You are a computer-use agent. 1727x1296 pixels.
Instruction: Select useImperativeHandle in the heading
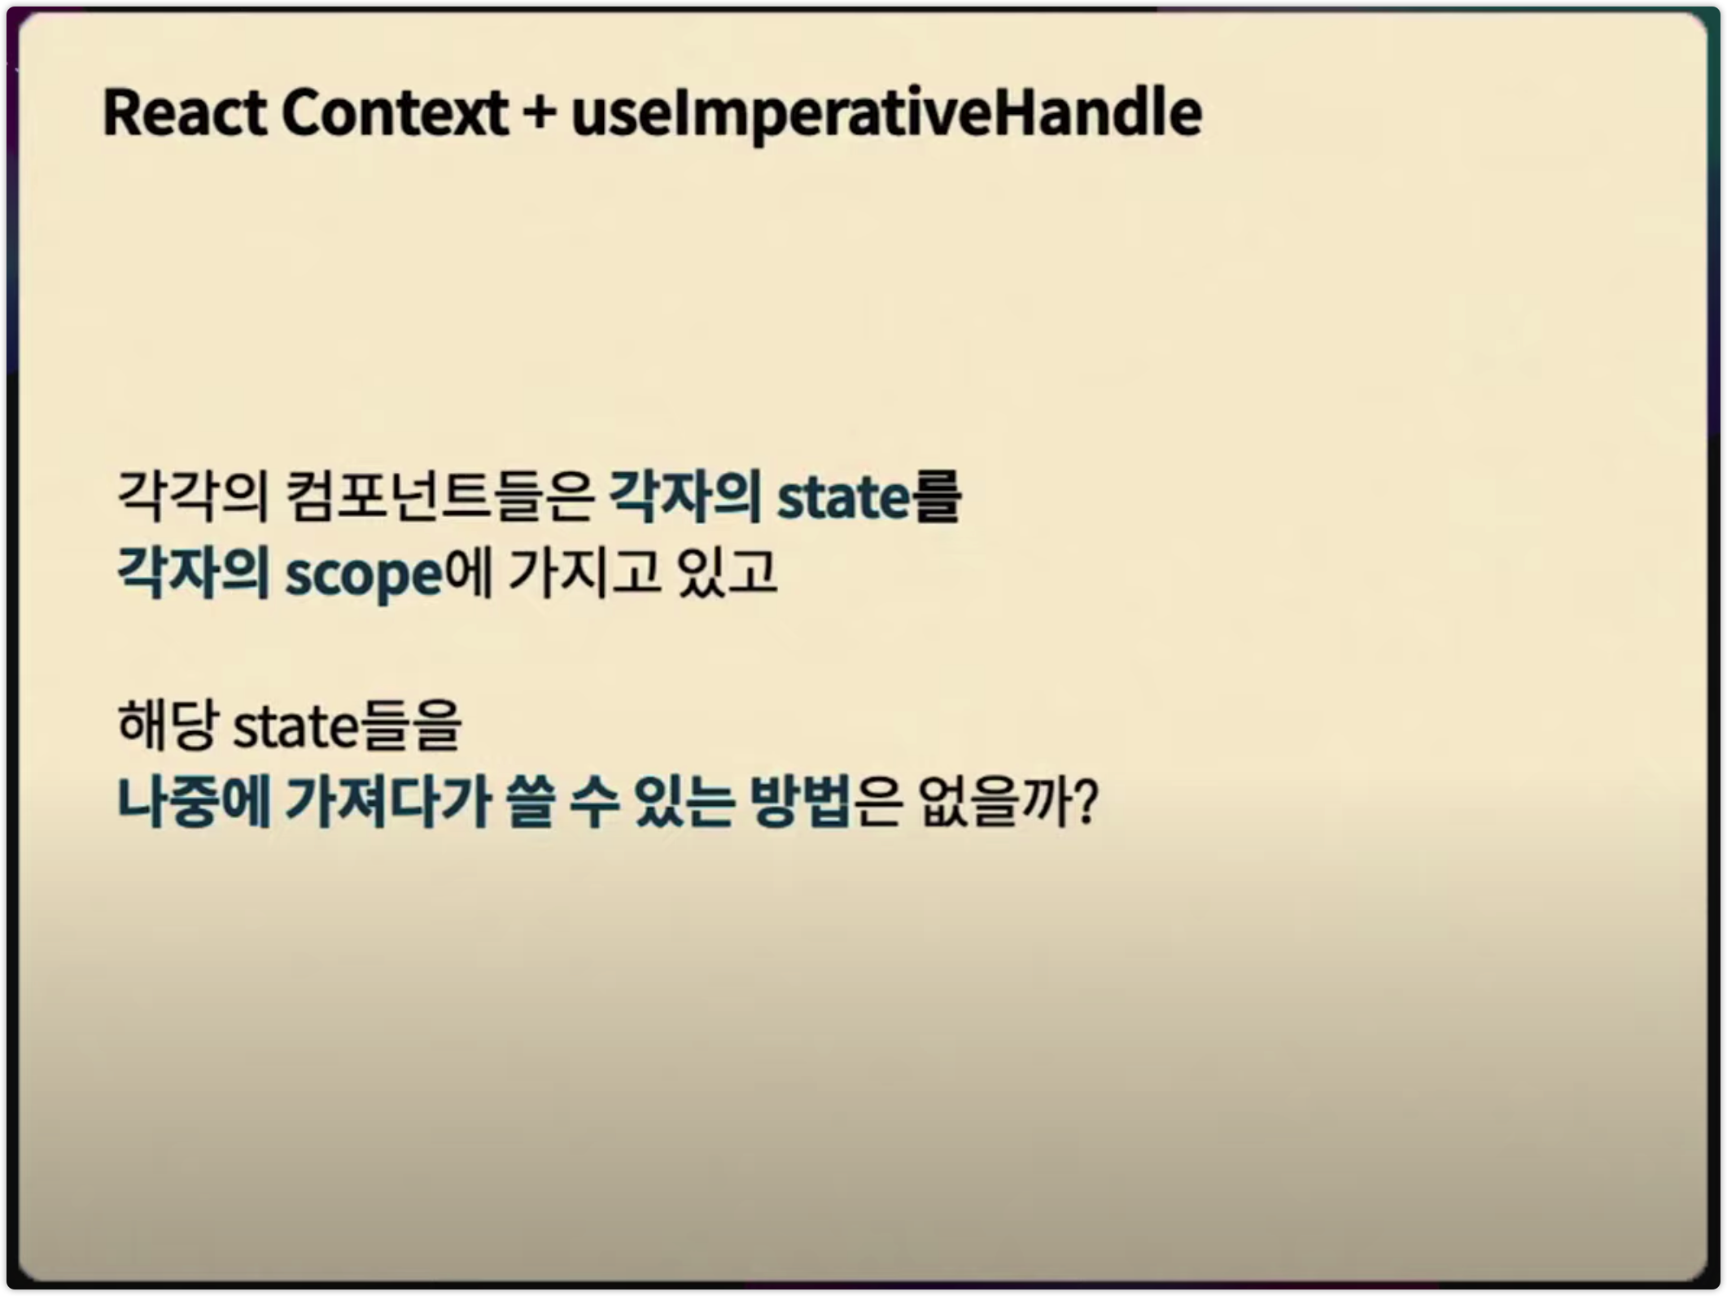886,114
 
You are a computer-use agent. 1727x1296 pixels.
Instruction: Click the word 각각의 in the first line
193,496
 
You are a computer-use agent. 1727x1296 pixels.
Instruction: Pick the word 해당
168,724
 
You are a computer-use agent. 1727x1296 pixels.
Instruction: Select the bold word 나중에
193,802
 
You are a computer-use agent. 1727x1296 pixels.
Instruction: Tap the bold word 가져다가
388,802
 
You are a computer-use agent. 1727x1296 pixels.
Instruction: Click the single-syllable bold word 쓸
530,802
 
